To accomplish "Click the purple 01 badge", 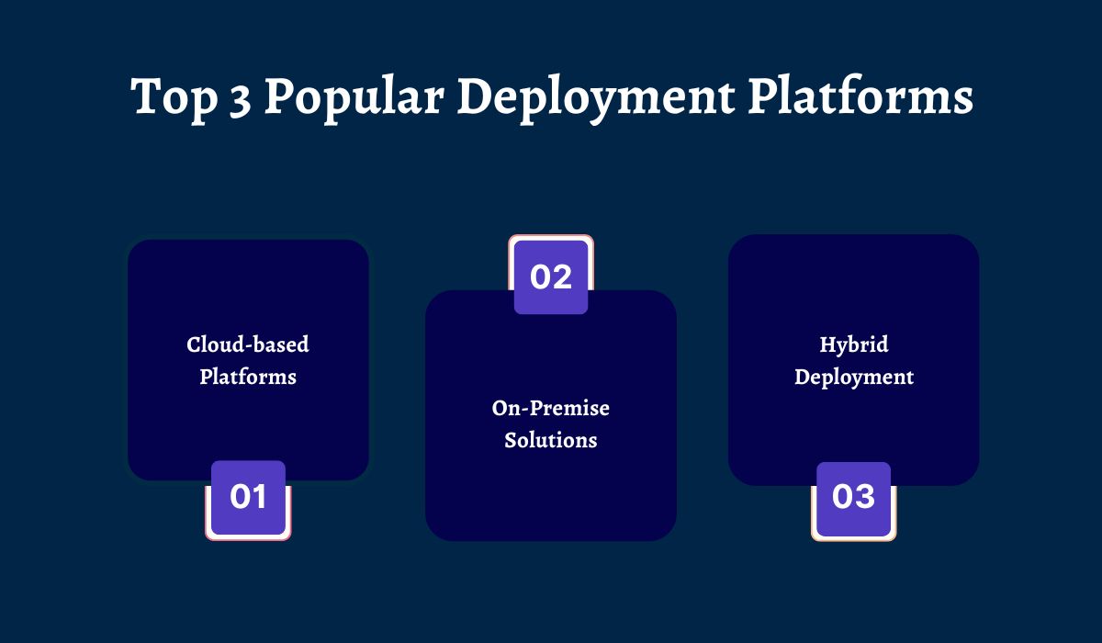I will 248,498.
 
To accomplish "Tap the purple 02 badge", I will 551,276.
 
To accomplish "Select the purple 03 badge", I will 853,498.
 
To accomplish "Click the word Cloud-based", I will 248,344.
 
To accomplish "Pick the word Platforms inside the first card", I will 248,377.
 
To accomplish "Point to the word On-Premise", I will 551,408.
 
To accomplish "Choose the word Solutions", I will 551,440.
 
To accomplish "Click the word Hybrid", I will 854,345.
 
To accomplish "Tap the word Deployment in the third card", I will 854,377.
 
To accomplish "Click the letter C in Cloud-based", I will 194,344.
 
